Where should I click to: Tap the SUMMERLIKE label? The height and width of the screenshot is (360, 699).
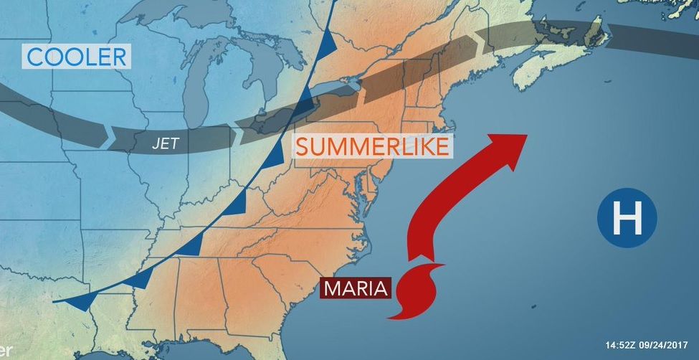click(x=372, y=146)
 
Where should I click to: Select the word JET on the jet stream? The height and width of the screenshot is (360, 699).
click(x=165, y=143)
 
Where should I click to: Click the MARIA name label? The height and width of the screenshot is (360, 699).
click(x=356, y=288)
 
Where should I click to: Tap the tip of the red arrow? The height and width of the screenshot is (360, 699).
click(x=526, y=136)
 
